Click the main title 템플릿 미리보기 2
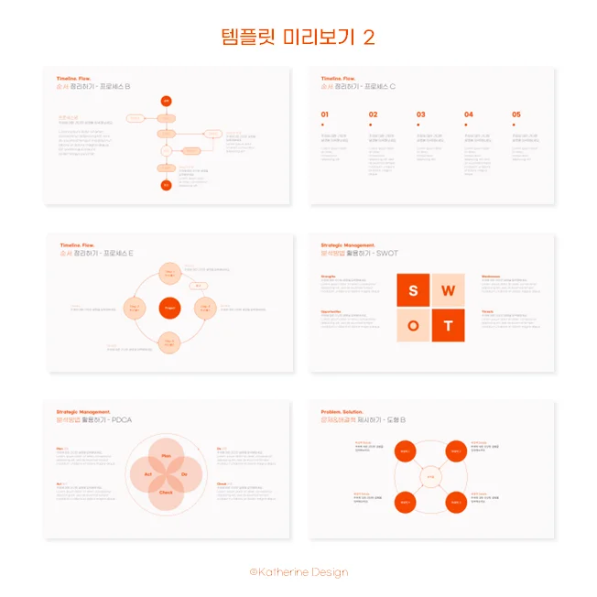click(298, 37)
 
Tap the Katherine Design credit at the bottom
click(298, 572)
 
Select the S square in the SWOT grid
click(413, 290)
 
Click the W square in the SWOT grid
click(449, 290)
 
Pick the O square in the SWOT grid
click(413, 325)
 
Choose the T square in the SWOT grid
click(449, 325)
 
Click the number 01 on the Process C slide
click(324, 115)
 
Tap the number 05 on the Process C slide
click(516, 115)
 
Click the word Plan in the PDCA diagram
click(167, 455)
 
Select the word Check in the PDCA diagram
click(167, 493)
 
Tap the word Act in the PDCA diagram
click(147, 474)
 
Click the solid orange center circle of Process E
click(169, 309)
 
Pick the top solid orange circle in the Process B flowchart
click(166, 100)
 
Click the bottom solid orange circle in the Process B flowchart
click(166, 185)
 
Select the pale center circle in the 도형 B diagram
click(430, 477)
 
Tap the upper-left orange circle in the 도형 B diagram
click(406, 451)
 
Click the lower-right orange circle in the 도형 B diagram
click(456, 503)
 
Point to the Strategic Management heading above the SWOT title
click(348, 245)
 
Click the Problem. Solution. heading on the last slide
click(343, 412)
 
